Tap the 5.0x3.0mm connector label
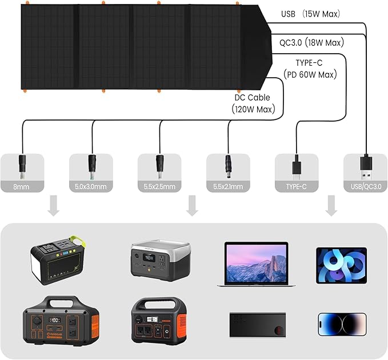tap(90, 186)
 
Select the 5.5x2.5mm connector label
tap(159, 186)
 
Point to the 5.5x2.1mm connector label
tap(227, 186)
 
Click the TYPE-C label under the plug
tap(296, 186)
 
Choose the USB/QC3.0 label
tap(364, 186)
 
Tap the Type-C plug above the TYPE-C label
tap(296, 165)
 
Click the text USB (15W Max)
tap(310, 14)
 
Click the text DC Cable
tap(251, 97)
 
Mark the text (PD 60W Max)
tap(310, 74)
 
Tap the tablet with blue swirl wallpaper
tap(342, 265)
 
